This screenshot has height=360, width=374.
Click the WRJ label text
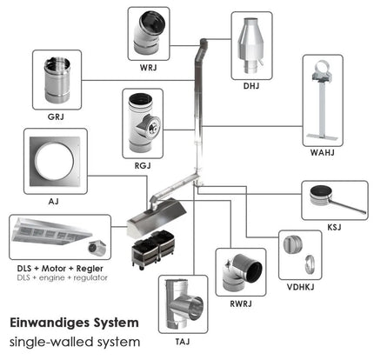[148, 68]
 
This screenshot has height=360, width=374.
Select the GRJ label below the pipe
[56, 117]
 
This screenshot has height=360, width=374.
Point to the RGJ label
[143, 166]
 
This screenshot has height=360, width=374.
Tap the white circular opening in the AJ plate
[55, 161]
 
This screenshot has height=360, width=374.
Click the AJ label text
[54, 201]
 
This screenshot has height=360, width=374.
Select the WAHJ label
[323, 152]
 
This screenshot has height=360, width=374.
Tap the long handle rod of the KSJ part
[348, 206]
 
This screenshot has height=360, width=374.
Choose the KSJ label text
[334, 227]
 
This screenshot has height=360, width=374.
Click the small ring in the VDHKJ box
[310, 264]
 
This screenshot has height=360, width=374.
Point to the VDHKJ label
[300, 287]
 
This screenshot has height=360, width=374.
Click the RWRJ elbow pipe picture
[242, 272]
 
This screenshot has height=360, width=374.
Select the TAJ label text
[183, 342]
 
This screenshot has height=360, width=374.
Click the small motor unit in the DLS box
[97, 248]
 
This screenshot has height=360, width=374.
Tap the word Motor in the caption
[54, 269]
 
